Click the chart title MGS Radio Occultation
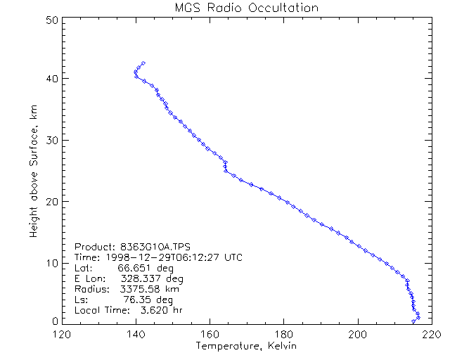[247, 8]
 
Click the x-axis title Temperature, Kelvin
[247, 347]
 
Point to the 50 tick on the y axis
[51, 20]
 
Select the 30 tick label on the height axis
[51, 140]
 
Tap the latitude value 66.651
[131, 269]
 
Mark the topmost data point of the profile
[143, 63]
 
